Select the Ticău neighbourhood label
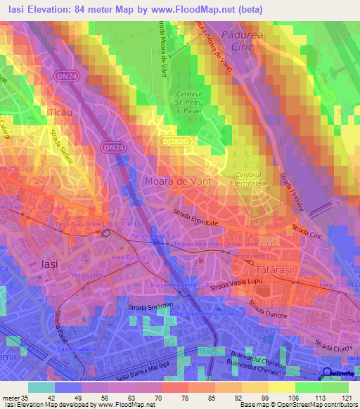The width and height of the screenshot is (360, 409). point(59,112)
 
